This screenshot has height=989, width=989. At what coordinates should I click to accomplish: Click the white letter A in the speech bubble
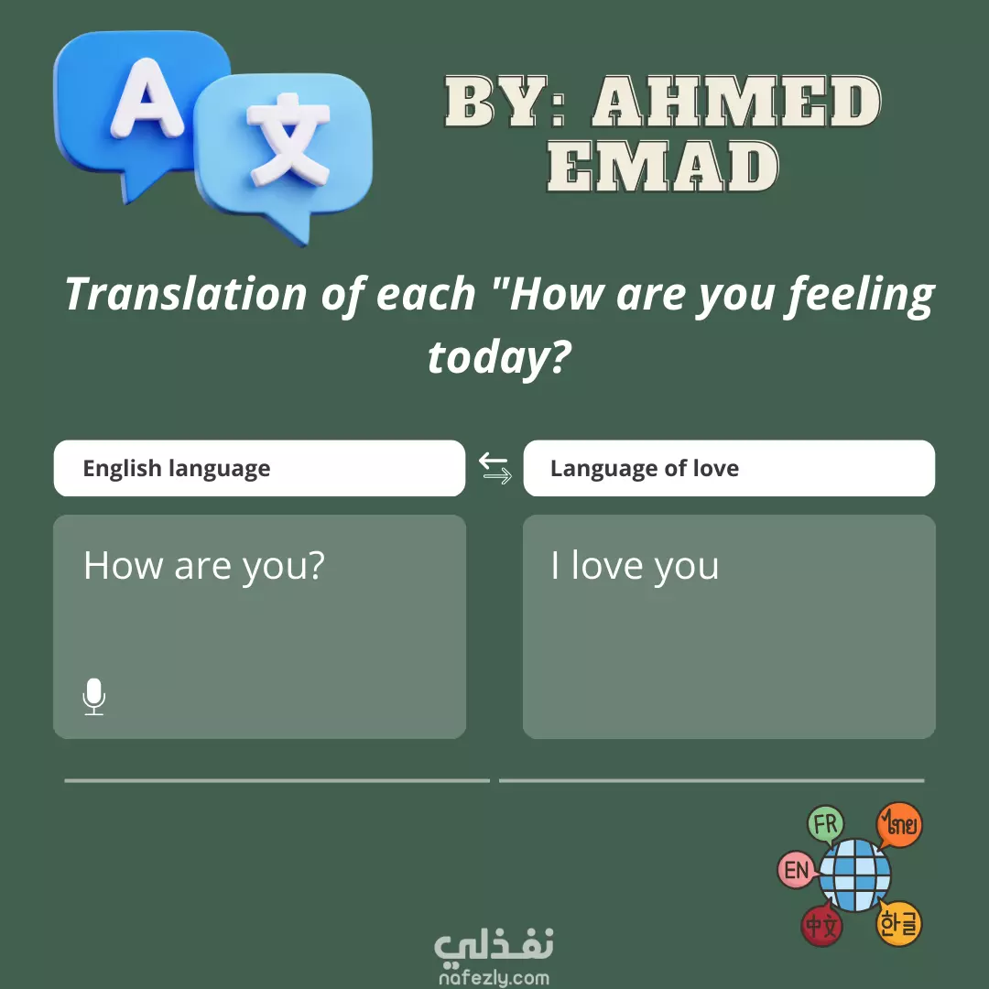(x=147, y=100)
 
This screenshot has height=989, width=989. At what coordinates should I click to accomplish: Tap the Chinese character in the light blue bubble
(x=288, y=139)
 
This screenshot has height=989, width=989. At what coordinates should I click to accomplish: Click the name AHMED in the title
(x=735, y=102)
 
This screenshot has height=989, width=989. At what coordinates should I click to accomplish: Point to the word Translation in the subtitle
(x=186, y=294)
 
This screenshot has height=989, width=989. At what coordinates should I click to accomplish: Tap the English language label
(x=177, y=469)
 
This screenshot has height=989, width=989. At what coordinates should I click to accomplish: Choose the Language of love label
(x=644, y=469)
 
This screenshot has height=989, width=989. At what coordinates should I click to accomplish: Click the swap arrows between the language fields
(x=494, y=469)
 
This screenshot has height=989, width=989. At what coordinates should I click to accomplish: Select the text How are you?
(x=203, y=566)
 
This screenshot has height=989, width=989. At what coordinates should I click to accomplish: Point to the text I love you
(x=634, y=566)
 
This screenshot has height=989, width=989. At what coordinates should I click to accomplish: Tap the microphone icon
(x=94, y=696)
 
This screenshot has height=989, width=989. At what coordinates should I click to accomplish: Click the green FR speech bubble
(x=826, y=825)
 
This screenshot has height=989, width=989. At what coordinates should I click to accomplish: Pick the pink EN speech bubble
(x=797, y=870)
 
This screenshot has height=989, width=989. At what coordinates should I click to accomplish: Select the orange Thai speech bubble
(x=900, y=824)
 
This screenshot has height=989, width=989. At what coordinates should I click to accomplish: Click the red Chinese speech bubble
(x=821, y=926)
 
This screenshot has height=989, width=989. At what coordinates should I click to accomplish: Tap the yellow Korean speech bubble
(x=899, y=924)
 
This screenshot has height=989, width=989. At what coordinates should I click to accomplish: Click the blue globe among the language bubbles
(x=854, y=875)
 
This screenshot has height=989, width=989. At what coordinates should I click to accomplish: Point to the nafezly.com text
(x=494, y=978)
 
